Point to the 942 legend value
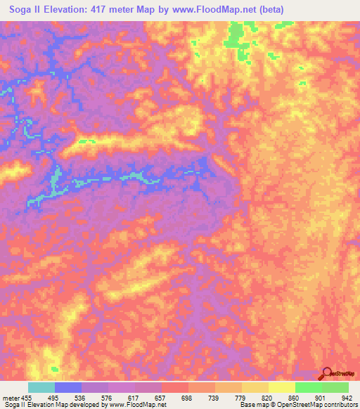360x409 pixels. tap(347, 397)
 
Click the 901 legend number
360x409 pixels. tap(319, 397)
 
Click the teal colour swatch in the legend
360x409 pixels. tap(41, 387)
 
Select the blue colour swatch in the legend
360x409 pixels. tap(68, 387)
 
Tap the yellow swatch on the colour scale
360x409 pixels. tap(281, 387)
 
